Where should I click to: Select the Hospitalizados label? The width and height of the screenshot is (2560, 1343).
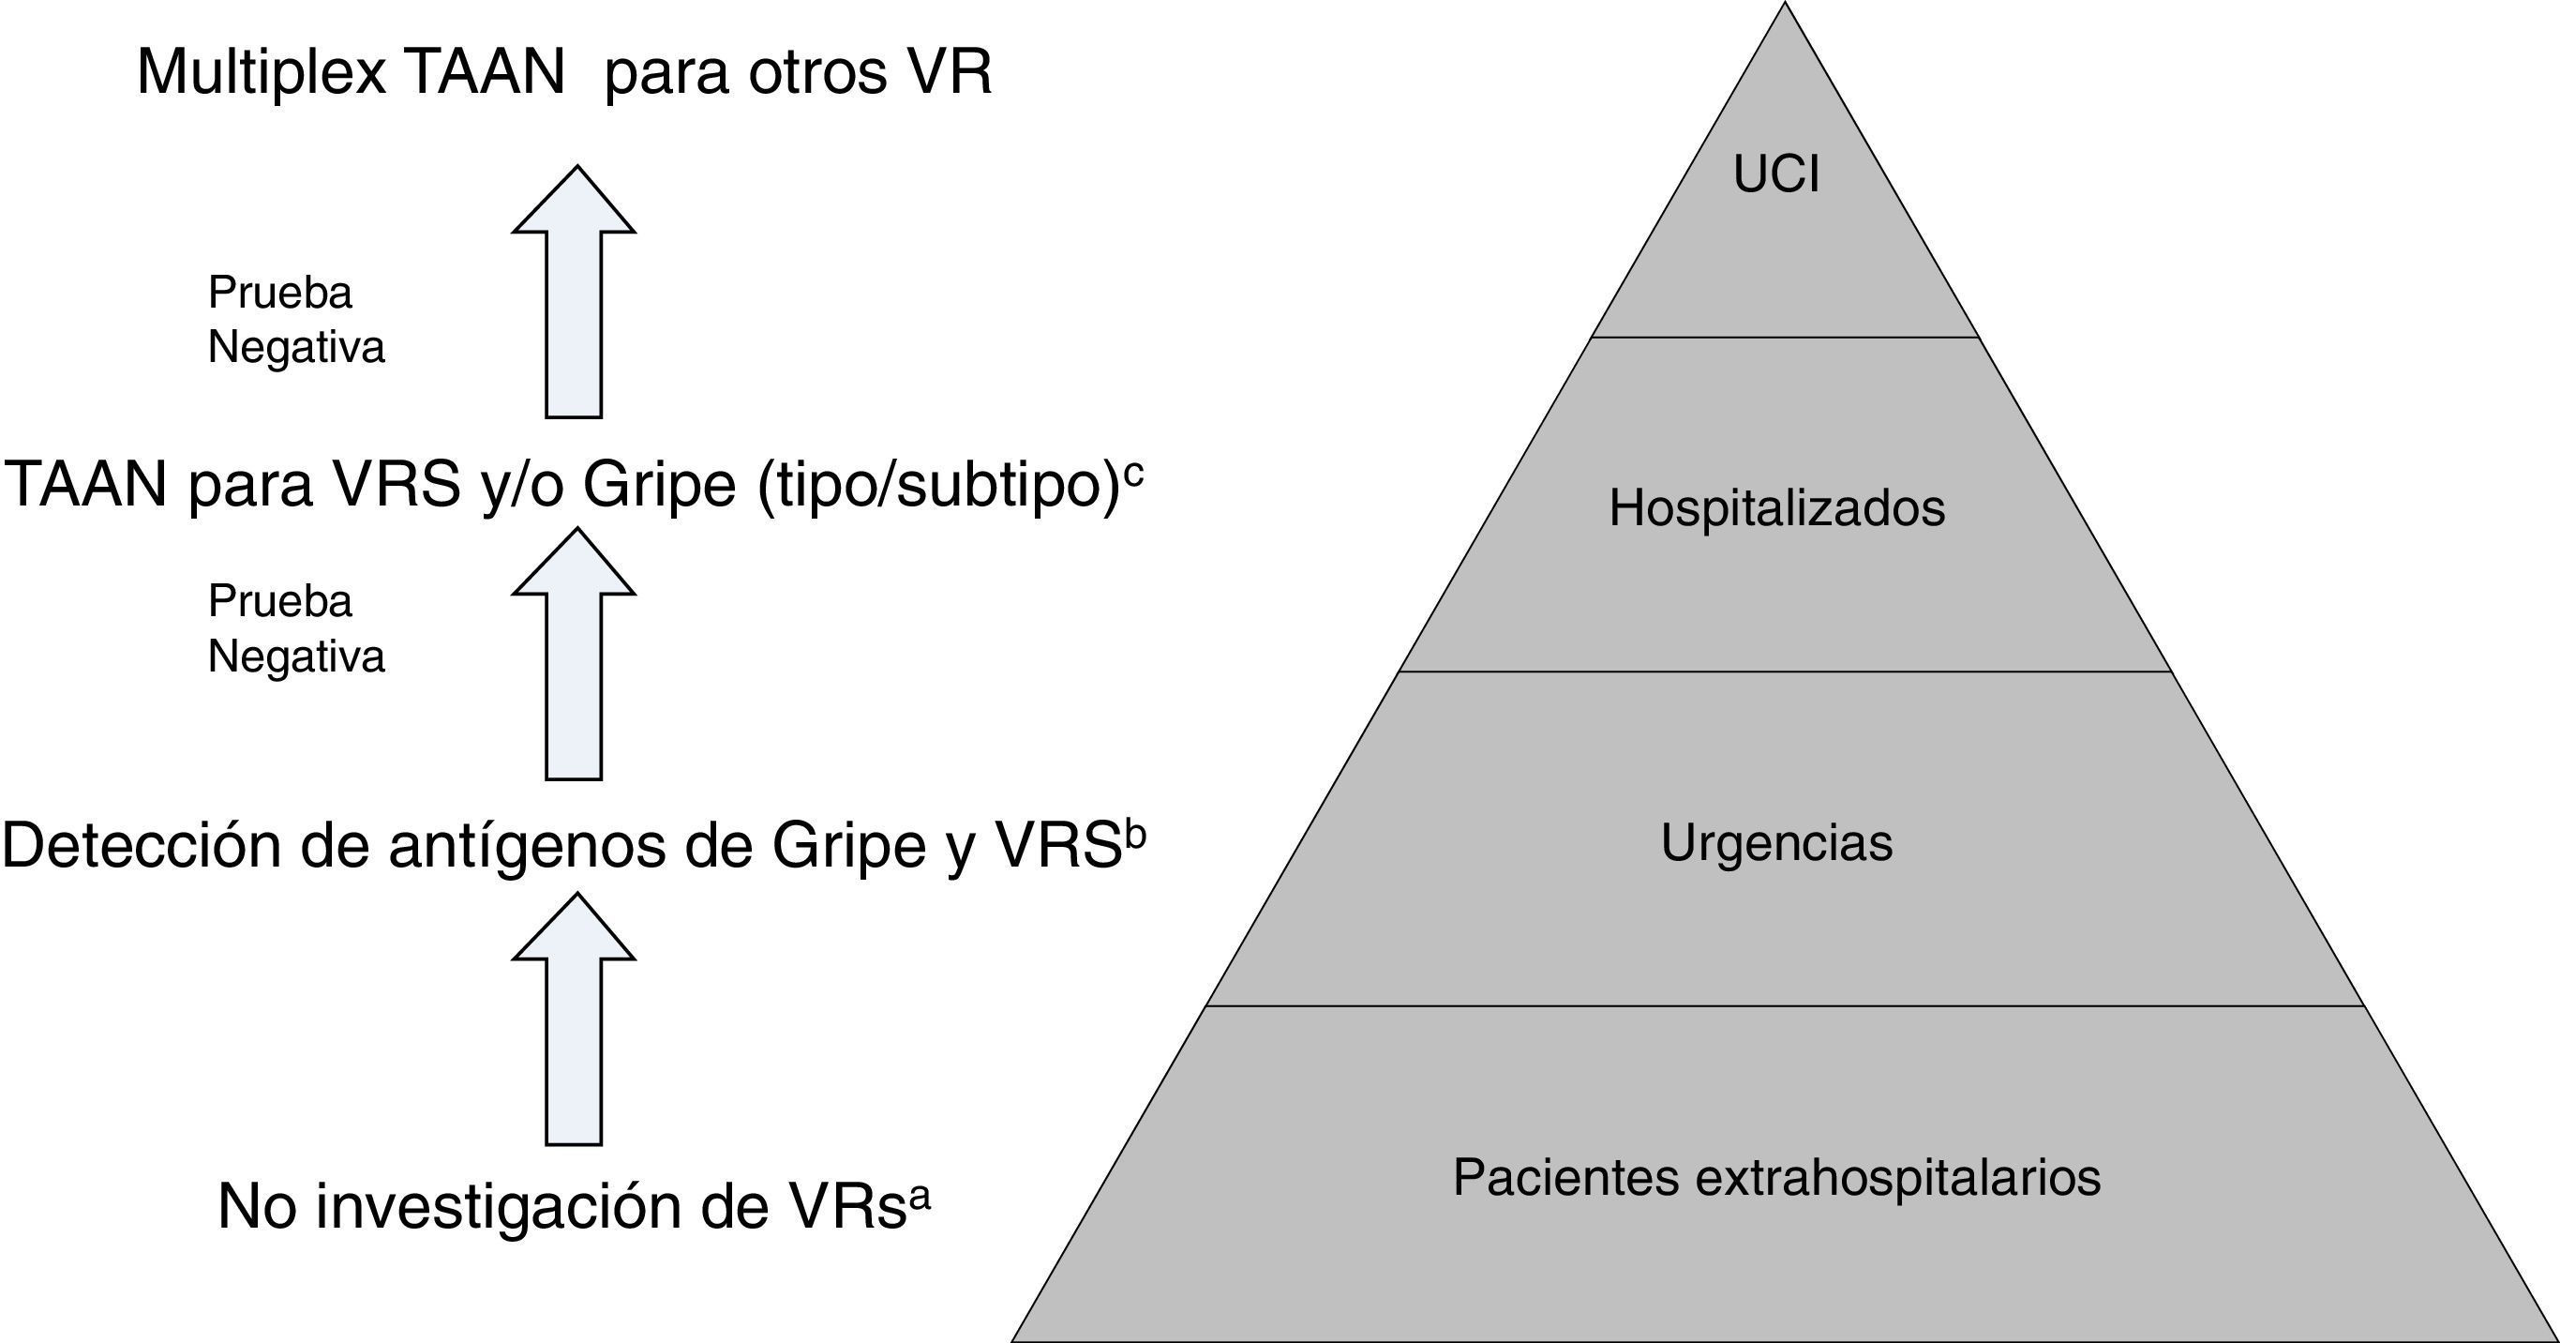tap(1777, 508)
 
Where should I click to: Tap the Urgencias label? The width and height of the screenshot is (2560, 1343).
tap(1777, 843)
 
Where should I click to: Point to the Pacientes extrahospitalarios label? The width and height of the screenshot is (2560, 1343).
tap(1777, 1177)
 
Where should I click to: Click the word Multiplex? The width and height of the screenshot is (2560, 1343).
tap(261, 72)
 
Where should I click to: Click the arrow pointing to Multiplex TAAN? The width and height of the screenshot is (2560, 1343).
tap(574, 291)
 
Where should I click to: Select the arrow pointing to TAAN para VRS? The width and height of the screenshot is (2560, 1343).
tap(574, 653)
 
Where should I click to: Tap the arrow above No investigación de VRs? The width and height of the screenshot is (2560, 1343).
tap(574, 1018)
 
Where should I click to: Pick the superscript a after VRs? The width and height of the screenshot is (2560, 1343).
tap(920, 1197)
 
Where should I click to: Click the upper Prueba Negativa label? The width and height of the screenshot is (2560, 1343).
tap(295, 320)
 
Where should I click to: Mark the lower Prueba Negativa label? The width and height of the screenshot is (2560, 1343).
tap(295, 629)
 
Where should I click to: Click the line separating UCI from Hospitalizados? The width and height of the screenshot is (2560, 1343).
tap(1785, 338)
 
